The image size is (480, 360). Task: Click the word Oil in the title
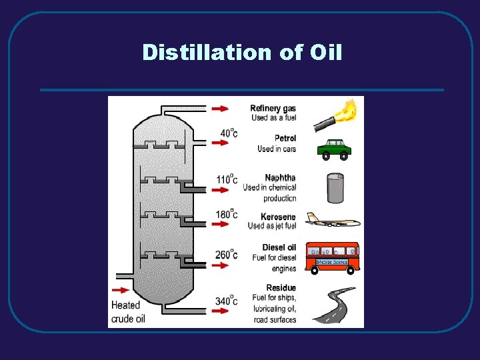click(326, 52)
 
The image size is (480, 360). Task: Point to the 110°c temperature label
click(227, 179)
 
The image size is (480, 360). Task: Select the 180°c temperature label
click(227, 215)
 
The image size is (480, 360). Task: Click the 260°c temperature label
click(227, 255)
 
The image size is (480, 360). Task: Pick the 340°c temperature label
click(227, 301)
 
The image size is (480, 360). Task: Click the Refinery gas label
click(273, 108)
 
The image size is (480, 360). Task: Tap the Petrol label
click(285, 139)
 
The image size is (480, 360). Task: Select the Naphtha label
click(280, 178)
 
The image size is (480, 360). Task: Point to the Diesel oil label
click(279, 248)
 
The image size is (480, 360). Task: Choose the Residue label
click(282, 288)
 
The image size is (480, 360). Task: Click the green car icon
click(334, 150)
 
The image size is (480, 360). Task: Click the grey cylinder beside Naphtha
click(335, 188)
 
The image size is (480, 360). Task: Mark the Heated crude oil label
click(127, 311)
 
